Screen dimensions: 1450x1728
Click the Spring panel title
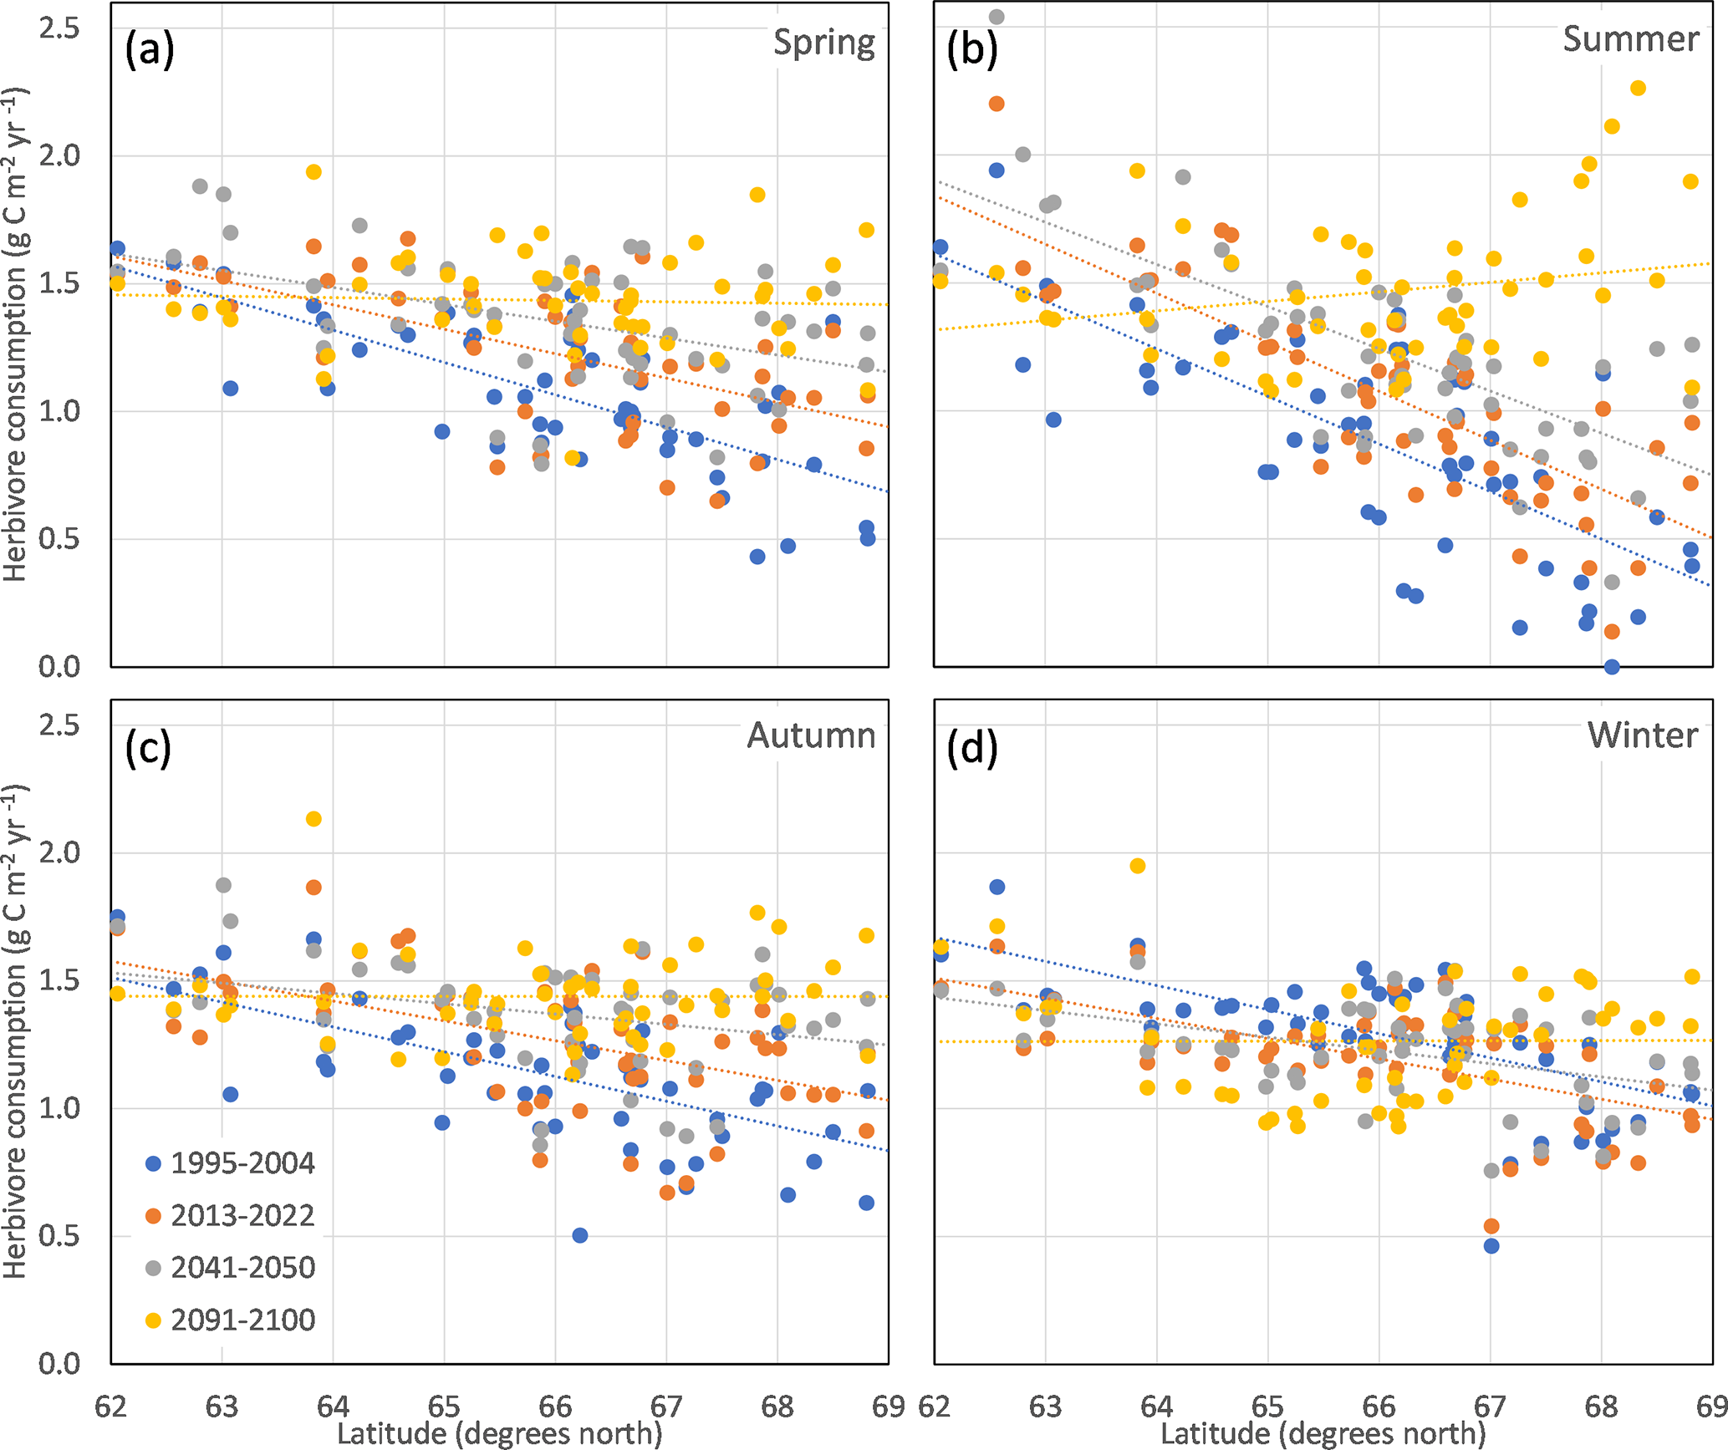(823, 43)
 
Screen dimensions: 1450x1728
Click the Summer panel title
(1630, 39)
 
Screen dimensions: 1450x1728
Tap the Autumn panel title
(811, 735)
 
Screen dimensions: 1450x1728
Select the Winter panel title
(1643, 735)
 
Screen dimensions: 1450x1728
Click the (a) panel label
(150, 49)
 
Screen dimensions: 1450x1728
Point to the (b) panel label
(971, 49)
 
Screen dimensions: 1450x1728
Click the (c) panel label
(148, 747)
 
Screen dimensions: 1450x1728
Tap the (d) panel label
(971, 747)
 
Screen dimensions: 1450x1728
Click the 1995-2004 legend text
(242, 1163)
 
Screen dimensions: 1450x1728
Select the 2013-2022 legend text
(242, 1215)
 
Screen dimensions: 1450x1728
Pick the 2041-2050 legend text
(242, 1268)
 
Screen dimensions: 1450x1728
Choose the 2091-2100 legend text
(242, 1320)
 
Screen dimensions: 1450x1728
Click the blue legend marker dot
(153, 1163)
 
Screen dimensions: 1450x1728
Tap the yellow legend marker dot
(153, 1320)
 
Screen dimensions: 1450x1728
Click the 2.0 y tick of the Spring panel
(59, 155)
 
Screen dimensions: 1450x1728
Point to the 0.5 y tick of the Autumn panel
(59, 1235)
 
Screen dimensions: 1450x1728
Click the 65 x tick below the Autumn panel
(444, 1407)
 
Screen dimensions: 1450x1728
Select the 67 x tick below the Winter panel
(1490, 1407)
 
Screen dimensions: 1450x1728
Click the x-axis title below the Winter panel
(1323, 1434)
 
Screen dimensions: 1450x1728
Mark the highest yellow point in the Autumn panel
(313, 819)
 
